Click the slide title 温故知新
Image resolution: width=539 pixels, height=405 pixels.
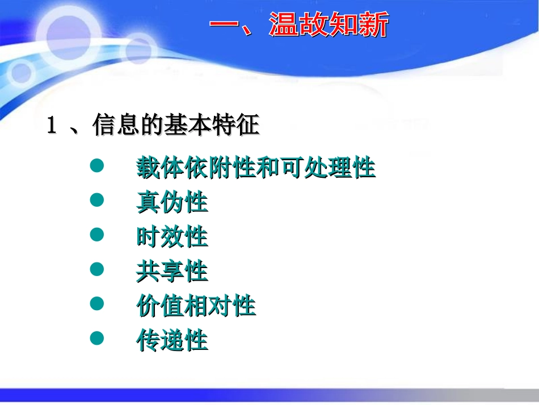pos(329,26)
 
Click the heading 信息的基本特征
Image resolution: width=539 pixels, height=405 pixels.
pos(175,126)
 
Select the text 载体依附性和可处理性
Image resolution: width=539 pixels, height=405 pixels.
pos(256,168)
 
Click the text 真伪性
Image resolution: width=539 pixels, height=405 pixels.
pos(172,203)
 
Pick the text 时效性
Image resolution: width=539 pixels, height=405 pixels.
pos(172,237)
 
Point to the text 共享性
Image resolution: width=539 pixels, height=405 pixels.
pos(172,272)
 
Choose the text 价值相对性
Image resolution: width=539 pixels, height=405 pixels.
pos(196,306)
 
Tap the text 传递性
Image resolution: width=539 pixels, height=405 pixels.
pos(172,341)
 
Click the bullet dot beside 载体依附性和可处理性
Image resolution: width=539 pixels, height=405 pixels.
pos(98,166)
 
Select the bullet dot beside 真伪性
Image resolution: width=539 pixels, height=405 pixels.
pos(98,200)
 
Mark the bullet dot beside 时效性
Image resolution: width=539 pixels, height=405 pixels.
pos(98,235)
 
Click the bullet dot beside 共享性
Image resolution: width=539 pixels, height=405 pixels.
pos(98,269)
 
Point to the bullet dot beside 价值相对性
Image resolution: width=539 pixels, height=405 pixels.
pos(98,304)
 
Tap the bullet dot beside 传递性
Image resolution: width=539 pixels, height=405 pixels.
pos(98,339)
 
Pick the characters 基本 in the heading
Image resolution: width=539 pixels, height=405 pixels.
pos(187,126)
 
